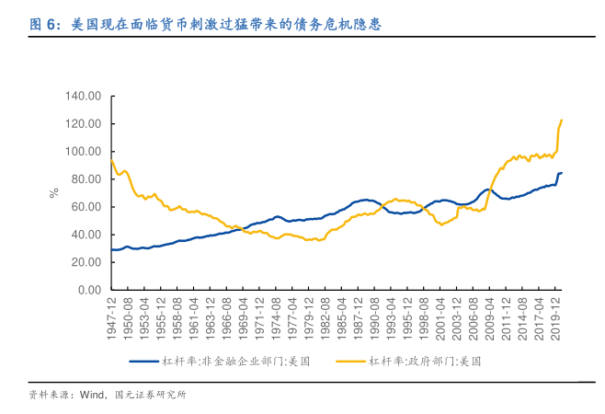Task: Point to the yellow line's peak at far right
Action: tap(562, 121)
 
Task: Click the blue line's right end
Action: tap(562, 173)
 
